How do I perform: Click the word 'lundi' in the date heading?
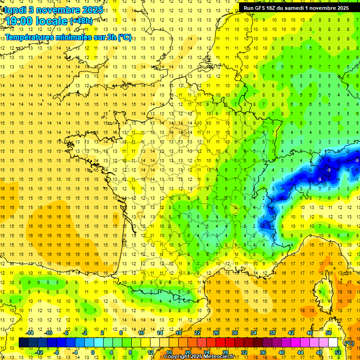[x=15, y=9]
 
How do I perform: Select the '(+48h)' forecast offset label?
[x=81, y=21]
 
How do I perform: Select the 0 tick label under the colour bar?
[x=92, y=352]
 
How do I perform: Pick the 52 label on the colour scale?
[x=337, y=352]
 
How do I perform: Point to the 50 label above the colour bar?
[x=328, y=333]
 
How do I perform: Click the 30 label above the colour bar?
[x=234, y=333]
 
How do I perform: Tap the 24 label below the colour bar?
[x=206, y=352]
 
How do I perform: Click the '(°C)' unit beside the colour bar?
[x=349, y=343]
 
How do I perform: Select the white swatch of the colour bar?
[x=333, y=343]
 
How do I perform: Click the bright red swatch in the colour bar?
[x=220, y=343]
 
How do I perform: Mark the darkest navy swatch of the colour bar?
[x=23, y=343]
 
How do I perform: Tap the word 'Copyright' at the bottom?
[x=176, y=357]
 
